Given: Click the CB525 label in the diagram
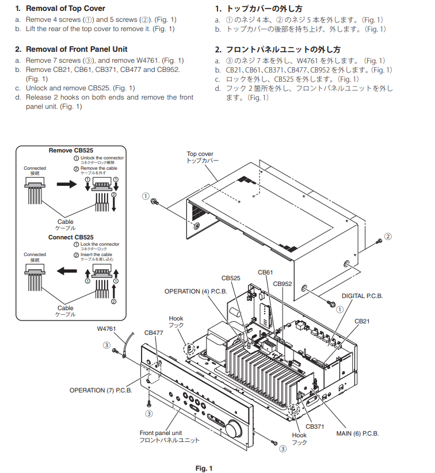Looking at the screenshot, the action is pos(231,278).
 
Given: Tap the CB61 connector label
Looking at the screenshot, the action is pos(265,272).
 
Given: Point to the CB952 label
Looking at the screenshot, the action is pos(283,284).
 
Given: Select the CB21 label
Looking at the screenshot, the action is pos(362,321).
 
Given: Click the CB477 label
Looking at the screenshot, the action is pos(154,333).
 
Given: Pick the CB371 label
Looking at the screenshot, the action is pos(315,426).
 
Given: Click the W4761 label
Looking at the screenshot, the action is pos(106,329).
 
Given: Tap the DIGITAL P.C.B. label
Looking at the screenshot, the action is pos(362,296).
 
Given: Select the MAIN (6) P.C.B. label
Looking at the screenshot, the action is pos(357,433).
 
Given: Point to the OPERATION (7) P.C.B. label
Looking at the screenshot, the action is pos(101,390).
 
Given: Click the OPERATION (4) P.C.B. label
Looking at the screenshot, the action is pos(196,291).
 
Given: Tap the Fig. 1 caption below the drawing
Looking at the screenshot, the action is pos(204,468).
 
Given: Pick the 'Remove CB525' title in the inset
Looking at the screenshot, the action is pos(71,151).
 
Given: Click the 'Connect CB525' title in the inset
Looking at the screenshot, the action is pos(71,238).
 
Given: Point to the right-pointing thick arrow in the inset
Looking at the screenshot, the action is pos(67,184).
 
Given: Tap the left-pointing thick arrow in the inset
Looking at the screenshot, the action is pos(67,270).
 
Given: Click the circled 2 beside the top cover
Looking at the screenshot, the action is pos(388,236).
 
